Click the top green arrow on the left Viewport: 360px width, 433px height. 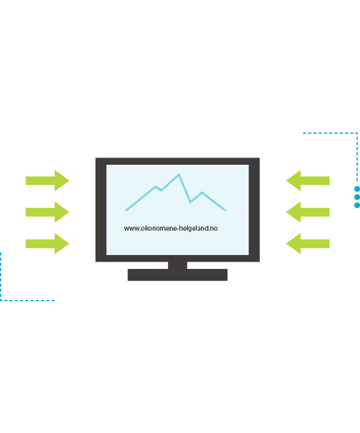47,181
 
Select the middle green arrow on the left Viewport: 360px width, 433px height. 47,212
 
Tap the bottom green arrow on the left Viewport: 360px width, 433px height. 47,244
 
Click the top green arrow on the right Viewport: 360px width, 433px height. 308,181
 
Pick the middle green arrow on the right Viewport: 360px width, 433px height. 308,212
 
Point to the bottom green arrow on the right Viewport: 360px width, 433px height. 308,244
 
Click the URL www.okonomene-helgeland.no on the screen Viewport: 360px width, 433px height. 171,229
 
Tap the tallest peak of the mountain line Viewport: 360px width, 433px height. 179,174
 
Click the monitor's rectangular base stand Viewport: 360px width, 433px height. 177,275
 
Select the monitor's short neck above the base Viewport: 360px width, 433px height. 177,265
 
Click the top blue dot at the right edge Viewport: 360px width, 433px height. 357,189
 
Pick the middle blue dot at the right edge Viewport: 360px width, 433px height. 357,197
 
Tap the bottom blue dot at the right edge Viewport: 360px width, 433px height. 357,205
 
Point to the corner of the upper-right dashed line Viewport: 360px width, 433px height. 357,133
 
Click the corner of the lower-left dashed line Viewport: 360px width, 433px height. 1,300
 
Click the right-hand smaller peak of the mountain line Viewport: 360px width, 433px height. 202,192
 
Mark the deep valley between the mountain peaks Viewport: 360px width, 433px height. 191,202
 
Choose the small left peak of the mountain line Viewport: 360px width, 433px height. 155,187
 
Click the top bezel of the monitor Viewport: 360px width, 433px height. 177,161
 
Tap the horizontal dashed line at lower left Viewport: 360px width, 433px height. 28,300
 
